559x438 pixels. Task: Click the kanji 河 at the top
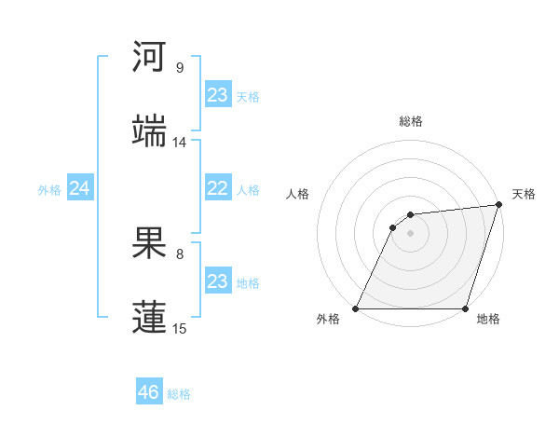150,57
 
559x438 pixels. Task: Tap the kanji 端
150,130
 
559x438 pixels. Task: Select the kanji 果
150,241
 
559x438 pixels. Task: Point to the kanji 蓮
150,315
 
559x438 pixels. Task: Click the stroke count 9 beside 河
179,68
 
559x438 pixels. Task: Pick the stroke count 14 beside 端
179,143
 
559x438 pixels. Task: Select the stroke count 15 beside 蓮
179,328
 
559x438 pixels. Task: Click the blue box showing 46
149,392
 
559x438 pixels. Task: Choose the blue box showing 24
80,189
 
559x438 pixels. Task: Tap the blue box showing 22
217,189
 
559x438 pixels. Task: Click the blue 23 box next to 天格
217,95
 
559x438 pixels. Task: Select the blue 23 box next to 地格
217,281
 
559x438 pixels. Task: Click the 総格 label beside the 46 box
179,394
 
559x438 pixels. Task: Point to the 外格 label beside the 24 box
49,190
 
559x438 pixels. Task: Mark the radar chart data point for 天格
499,205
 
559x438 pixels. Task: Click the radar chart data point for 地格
465,308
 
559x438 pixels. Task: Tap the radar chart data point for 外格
356,308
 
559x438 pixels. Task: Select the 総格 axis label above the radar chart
410,121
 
